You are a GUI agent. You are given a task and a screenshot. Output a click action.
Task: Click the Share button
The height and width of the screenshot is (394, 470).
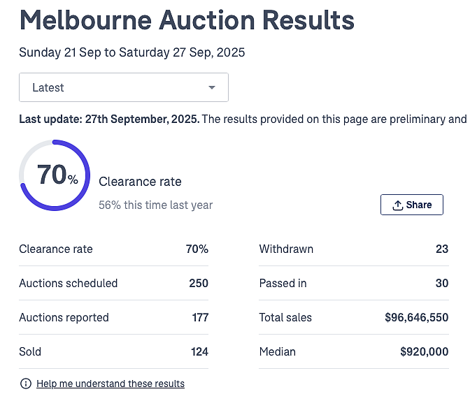pyautogui.click(x=412, y=205)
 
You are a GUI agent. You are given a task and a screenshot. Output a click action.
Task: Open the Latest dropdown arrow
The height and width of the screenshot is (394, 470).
pyautogui.click(x=212, y=87)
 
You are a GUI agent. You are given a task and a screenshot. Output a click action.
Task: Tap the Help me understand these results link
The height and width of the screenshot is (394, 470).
pyautogui.click(x=111, y=384)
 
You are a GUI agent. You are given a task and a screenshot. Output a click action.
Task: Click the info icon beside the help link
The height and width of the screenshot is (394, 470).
pyautogui.click(x=26, y=384)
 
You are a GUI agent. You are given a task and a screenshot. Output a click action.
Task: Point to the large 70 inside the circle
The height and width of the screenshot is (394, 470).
pyautogui.click(x=52, y=175)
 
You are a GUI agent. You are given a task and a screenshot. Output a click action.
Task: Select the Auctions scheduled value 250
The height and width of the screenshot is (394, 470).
pyautogui.click(x=199, y=283)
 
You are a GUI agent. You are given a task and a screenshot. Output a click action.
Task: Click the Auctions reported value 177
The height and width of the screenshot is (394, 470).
pyautogui.click(x=200, y=317)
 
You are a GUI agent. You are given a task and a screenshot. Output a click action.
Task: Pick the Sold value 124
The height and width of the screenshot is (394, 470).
pyautogui.click(x=199, y=352)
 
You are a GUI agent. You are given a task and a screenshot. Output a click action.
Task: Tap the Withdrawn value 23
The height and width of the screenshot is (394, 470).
pyautogui.click(x=442, y=249)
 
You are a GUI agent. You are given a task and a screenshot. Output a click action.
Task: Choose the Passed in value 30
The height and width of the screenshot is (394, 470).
pyautogui.click(x=442, y=283)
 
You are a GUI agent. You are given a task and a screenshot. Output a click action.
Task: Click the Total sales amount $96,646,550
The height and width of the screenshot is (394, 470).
pyautogui.click(x=417, y=317)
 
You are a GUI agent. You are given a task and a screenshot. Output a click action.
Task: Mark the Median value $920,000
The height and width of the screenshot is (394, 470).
pyautogui.click(x=425, y=352)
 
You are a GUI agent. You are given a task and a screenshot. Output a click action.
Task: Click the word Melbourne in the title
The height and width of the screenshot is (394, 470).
pyautogui.click(x=86, y=20)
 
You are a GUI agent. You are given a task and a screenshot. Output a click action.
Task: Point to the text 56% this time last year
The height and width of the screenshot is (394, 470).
pyautogui.click(x=155, y=205)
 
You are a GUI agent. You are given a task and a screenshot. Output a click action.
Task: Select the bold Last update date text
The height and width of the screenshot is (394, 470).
pyautogui.click(x=109, y=119)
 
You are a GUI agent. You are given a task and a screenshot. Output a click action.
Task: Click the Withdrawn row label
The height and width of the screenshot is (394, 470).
pyautogui.click(x=286, y=249)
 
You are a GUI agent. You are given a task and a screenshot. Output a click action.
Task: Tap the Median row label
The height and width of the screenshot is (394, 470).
pyautogui.click(x=277, y=352)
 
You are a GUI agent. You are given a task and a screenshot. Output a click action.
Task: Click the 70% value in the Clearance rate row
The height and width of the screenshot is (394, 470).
pyautogui.click(x=197, y=249)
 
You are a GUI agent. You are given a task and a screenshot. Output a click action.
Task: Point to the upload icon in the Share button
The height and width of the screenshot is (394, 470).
pyautogui.click(x=398, y=205)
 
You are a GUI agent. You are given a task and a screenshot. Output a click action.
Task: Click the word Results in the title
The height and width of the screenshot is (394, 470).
pyautogui.click(x=308, y=20)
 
